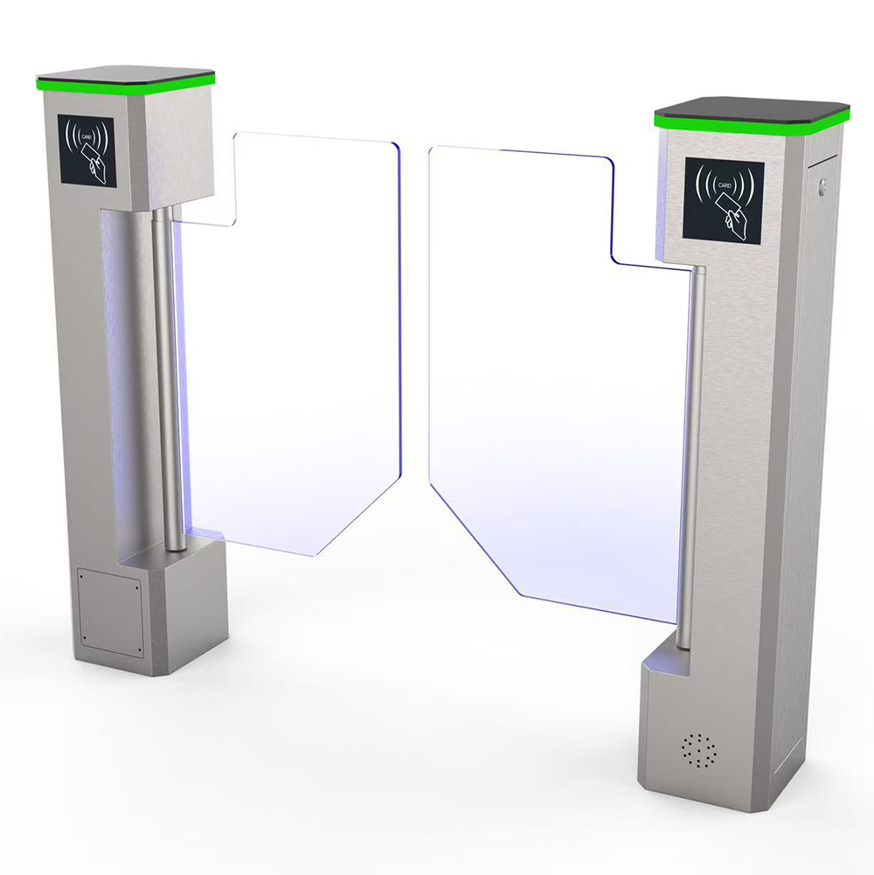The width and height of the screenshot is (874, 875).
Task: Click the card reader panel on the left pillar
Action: (x=87, y=150)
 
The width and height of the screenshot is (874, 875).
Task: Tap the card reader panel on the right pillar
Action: (x=724, y=201)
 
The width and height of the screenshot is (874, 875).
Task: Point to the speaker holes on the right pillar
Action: (x=698, y=750)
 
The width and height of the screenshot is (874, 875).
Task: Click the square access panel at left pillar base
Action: (x=110, y=612)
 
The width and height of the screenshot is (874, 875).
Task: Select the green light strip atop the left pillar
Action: (x=126, y=82)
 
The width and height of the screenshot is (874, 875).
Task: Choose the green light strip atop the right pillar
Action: (x=752, y=123)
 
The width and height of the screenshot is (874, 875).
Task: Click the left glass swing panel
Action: (x=290, y=346)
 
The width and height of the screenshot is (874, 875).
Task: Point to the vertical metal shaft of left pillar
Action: (x=168, y=379)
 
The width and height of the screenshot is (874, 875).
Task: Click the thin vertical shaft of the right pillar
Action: (x=691, y=457)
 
